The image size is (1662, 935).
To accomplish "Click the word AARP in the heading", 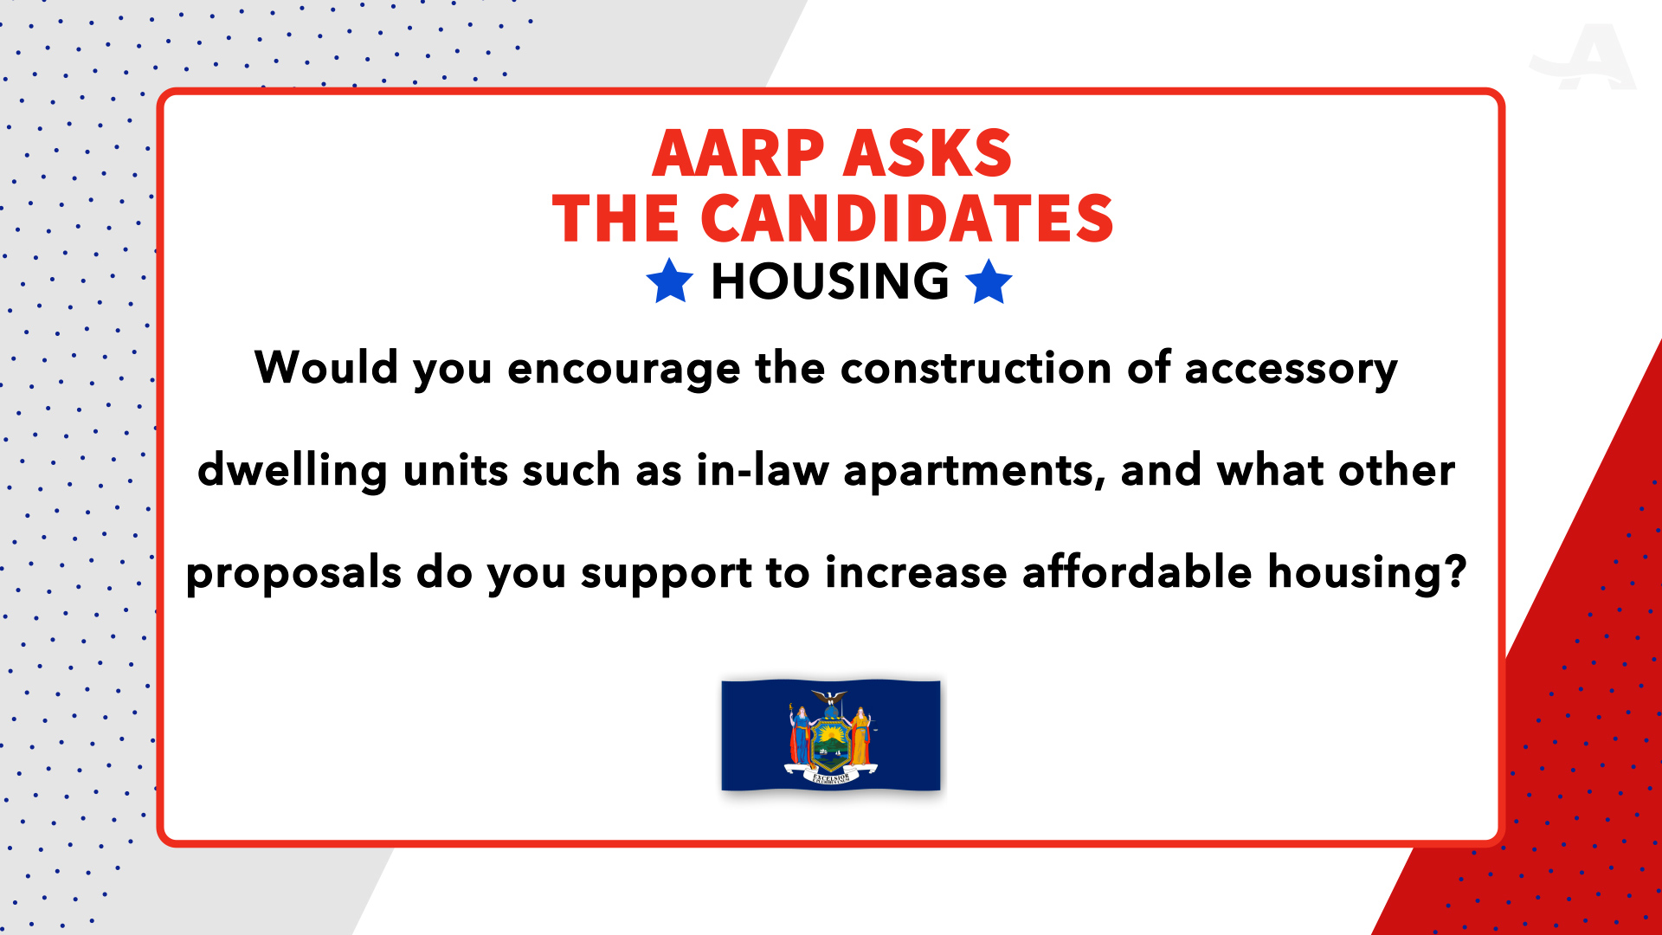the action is coord(738,154).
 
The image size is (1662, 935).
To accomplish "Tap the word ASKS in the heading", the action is coord(927,154).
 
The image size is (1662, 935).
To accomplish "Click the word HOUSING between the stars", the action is coord(830,281).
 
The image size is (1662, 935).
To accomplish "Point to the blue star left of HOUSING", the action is coord(670,281).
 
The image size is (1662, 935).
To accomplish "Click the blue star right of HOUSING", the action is coord(989,281).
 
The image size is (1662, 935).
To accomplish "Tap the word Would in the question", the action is coord(326,367).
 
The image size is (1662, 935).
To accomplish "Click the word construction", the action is coord(976,368).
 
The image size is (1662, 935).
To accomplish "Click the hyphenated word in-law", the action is coord(763,469).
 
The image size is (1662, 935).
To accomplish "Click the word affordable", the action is coord(1137,571).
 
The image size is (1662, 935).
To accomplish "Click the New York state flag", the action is coord(831,735).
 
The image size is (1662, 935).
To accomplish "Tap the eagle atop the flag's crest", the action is coord(830,698).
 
